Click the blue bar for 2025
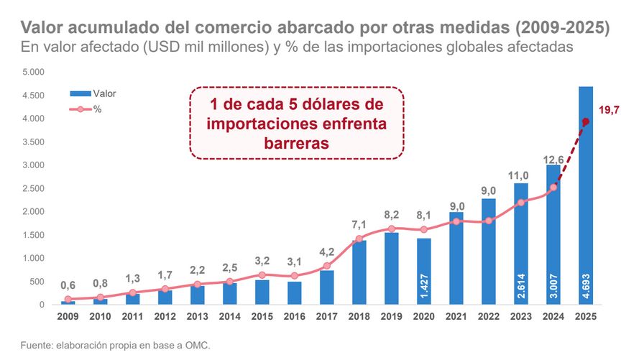pos(586,194)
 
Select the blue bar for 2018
pos(359,272)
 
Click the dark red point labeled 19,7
pos(586,121)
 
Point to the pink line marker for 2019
pos(391,229)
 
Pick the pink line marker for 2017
pos(326,266)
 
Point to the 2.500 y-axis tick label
pos(33,188)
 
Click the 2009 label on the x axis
pos(68,315)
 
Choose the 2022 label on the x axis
pos(488,315)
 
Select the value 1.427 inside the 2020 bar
pos(423,287)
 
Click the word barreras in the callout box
pos(297,142)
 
